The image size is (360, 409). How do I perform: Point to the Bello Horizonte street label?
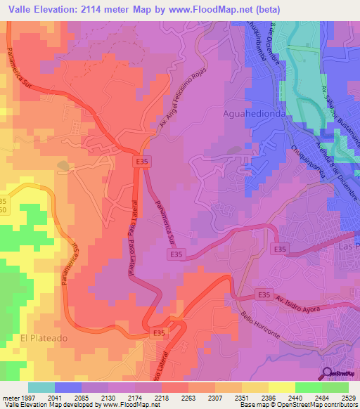260,324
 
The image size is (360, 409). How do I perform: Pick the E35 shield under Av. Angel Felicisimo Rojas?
142,162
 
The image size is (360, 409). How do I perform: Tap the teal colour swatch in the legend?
41,387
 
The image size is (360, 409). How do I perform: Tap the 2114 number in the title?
117,9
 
